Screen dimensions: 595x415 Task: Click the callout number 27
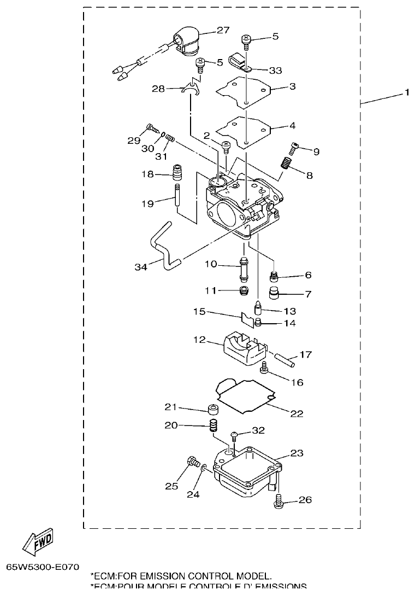tap(223, 31)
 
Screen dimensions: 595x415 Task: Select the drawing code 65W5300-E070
tap(43, 567)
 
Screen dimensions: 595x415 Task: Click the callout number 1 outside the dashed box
tap(406, 94)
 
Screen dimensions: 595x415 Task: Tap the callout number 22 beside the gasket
tap(296, 413)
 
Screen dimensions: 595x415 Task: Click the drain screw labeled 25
tap(193, 463)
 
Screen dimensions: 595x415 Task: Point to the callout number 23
tap(297, 453)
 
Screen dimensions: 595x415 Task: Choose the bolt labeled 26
tap(278, 499)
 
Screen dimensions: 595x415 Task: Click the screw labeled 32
tap(235, 435)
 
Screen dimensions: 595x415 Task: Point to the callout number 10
tap(211, 265)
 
